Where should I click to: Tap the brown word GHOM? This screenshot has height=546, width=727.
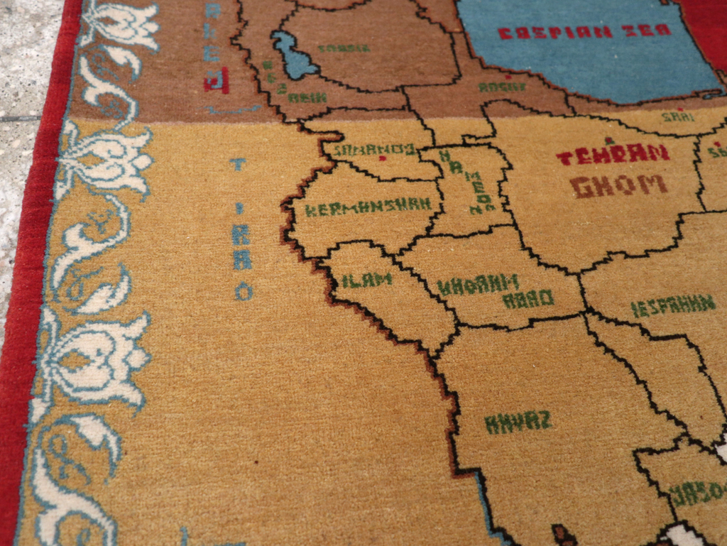[x=618, y=186]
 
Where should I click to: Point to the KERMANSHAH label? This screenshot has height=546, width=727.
[x=368, y=207]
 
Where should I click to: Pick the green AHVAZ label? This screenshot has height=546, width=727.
[x=518, y=422]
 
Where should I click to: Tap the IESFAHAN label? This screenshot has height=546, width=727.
[x=672, y=306]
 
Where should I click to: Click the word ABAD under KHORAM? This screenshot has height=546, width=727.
[x=528, y=299]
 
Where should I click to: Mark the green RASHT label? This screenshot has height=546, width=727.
[x=502, y=87]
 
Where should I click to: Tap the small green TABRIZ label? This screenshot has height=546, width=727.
[x=344, y=48]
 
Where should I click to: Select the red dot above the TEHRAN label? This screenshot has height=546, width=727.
[x=608, y=141]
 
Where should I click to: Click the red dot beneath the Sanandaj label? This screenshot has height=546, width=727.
[x=383, y=158]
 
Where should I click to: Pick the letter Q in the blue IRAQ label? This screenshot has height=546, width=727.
[x=244, y=290]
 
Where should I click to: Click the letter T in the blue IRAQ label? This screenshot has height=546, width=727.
[x=238, y=165]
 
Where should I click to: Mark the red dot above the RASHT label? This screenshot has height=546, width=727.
[x=508, y=76]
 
